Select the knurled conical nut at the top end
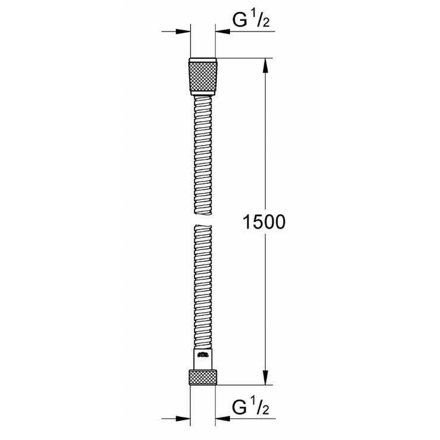pyautogui.click(x=203, y=77)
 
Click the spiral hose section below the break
pyautogui.click(x=203, y=285)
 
